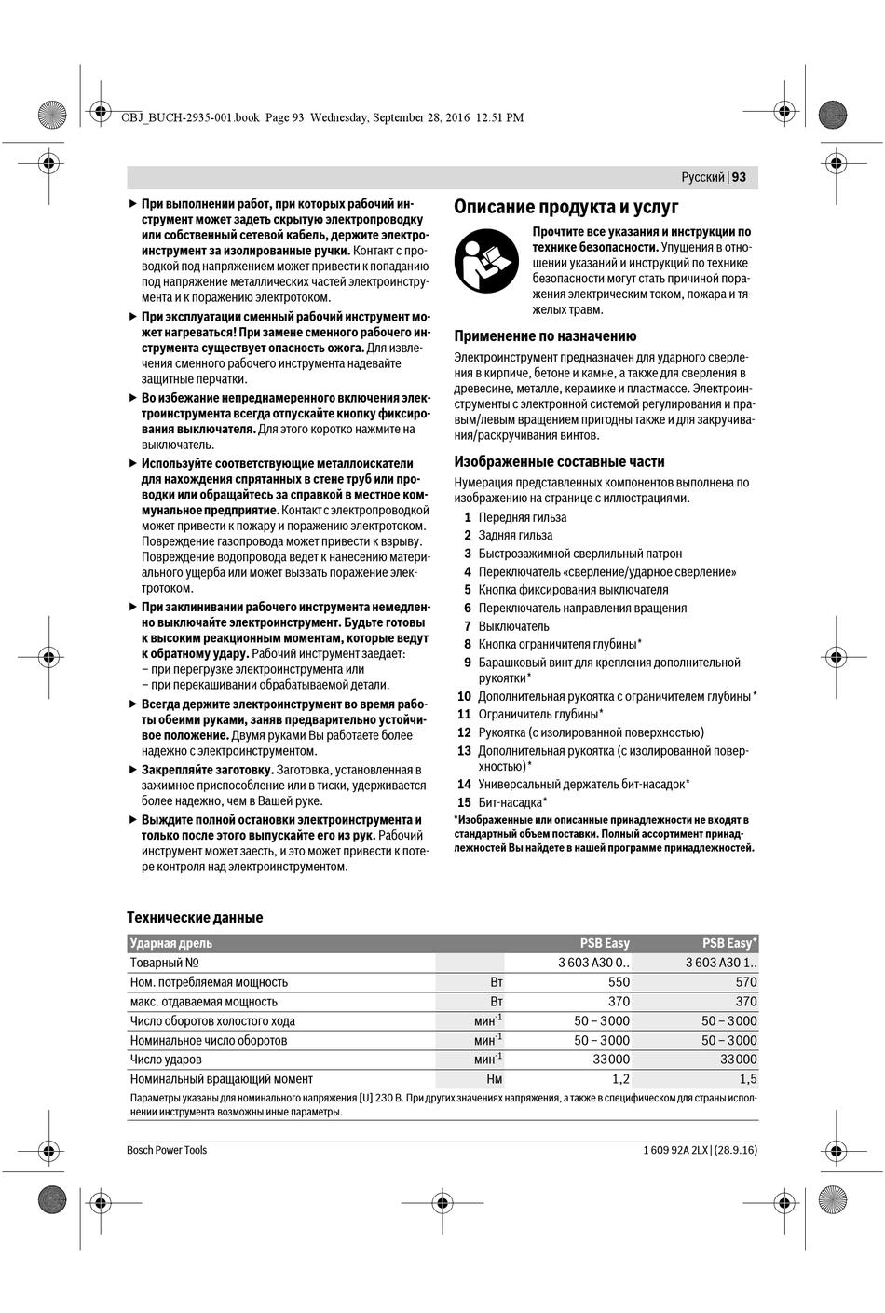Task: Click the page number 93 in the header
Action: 739,177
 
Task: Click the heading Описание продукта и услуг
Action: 565,207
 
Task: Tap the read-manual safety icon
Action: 486,261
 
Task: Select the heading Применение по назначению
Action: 545,336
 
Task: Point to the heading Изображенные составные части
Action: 559,461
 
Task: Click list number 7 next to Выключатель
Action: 468,626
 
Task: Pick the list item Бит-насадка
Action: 512,802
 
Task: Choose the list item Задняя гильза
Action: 515,536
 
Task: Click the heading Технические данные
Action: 195,918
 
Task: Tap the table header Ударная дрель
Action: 171,943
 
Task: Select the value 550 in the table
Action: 619,982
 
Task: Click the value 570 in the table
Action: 745,982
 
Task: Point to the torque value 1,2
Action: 620,1079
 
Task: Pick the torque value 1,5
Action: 748,1079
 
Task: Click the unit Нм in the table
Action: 494,1079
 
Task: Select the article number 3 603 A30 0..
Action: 593,963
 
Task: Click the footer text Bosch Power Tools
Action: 167,1150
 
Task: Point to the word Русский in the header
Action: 702,177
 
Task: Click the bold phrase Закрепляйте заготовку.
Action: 207,770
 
